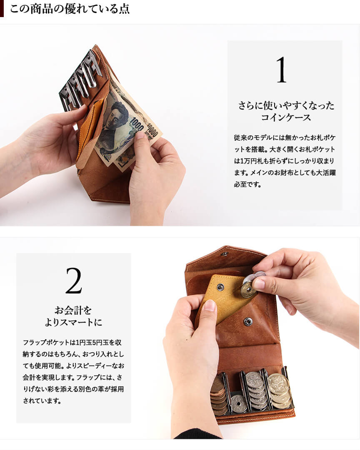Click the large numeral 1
(282, 70)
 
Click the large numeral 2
(74, 281)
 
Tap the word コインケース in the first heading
(286, 117)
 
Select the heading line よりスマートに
(74, 322)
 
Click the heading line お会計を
(73, 310)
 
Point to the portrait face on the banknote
(116, 117)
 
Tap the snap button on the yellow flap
(220, 287)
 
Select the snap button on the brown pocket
(247, 322)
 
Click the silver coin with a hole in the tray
(238, 404)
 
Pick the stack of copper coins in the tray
(219, 396)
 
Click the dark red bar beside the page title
(2, 8)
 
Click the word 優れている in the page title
(87, 9)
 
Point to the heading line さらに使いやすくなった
(286, 106)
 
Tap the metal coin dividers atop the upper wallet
(81, 80)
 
